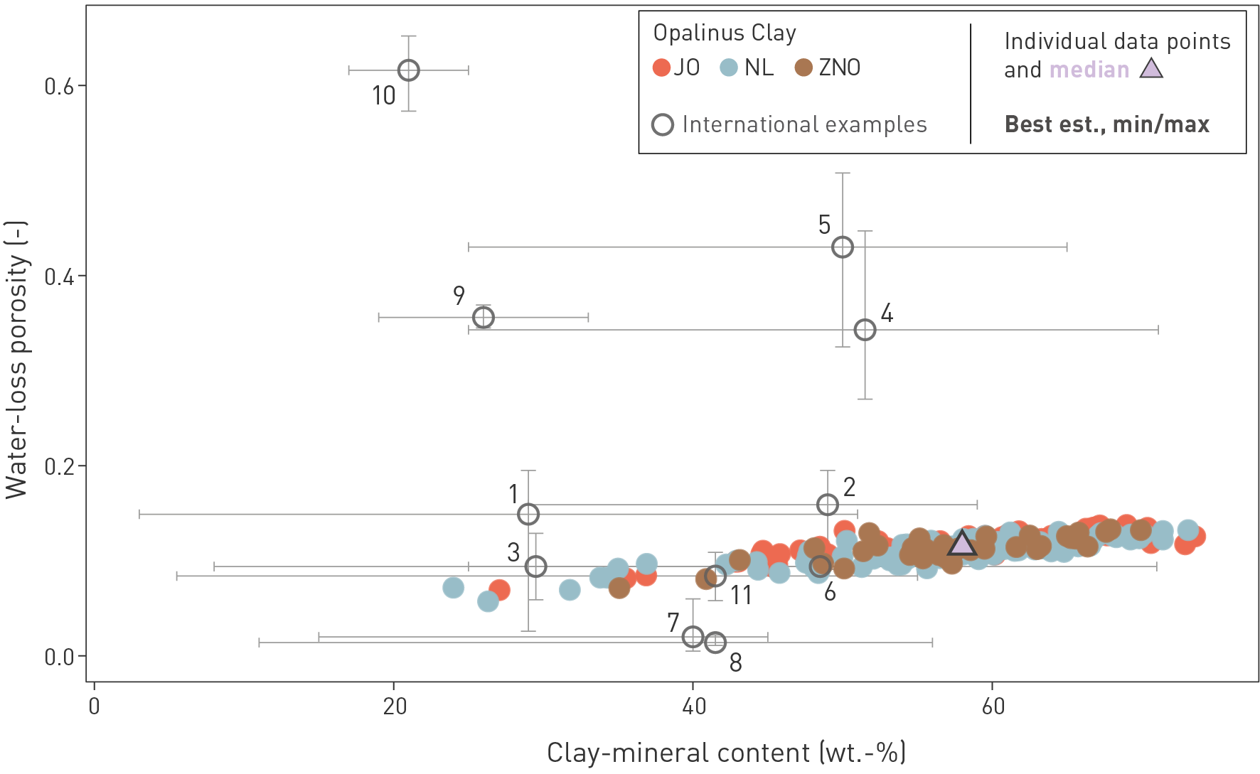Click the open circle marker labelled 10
(x=408, y=70)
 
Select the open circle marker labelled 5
(x=843, y=247)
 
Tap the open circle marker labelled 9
(x=484, y=317)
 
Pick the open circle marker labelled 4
(x=865, y=330)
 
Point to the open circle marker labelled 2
(x=828, y=505)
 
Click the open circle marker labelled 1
(x=528, y=514)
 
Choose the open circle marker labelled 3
(x=535, y=566)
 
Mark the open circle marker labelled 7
(x=693, y=637)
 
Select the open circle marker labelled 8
(x=715, y=643)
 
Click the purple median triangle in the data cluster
(x=962, y=544)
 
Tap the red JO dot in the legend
(x=661, y=68)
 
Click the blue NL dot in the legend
(x=729, y=68)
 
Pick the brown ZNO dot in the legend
(x=803, y=68)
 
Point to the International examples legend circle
(x=663, y=125)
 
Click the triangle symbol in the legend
(x=1151, y=68)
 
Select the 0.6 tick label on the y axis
(x=60, y=86)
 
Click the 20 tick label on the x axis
(x=394, y=706)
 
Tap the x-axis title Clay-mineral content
(x=725, y=753)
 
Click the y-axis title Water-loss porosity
(x=17, y=359)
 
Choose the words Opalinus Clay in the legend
(x=725, y=33)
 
